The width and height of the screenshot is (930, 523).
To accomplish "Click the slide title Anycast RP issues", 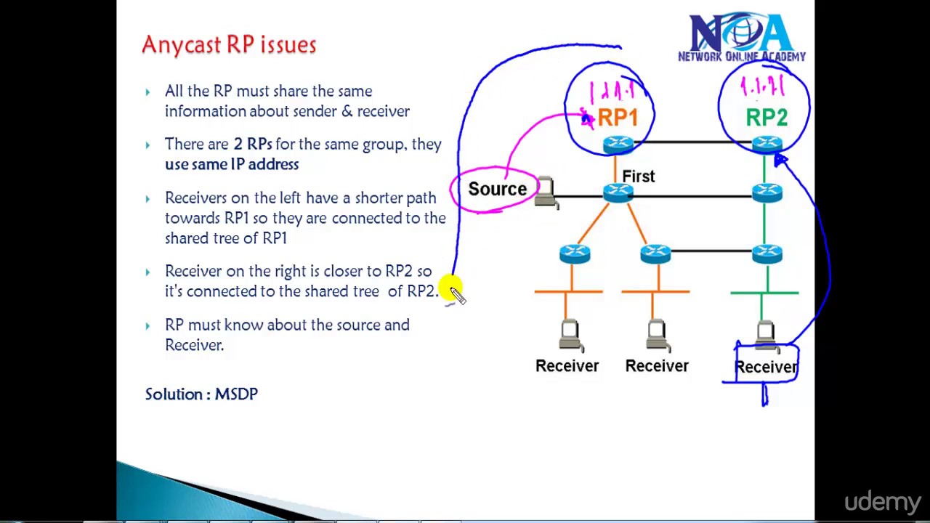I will (229, 45).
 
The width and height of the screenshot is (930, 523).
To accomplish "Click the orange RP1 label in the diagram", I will (618, 118).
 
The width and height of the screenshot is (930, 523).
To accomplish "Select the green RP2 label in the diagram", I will (767, 118).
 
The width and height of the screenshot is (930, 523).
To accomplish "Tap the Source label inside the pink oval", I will (497, 190).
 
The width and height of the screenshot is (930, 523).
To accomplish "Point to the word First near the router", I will (638, 177).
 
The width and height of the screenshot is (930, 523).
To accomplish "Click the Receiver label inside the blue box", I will (767, 367).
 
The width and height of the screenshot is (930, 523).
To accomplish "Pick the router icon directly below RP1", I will (618, 145).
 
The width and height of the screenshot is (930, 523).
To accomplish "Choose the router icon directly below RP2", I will (767, 145).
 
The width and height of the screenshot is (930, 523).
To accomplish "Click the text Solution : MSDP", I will (201, 394).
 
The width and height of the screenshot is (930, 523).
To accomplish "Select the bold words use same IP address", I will (231, 165).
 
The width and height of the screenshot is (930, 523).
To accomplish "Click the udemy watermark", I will (882, 502).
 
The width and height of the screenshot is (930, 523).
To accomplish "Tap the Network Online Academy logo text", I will (741, 57).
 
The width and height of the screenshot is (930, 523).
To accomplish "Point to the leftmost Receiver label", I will (567, 366).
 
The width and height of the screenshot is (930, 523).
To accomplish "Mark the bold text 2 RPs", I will (252, 145).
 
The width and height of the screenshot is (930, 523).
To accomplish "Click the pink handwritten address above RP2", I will (762, 88).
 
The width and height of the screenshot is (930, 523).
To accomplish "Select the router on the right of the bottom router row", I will (767, 253).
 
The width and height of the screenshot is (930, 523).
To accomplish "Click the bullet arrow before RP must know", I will (148, 326).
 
